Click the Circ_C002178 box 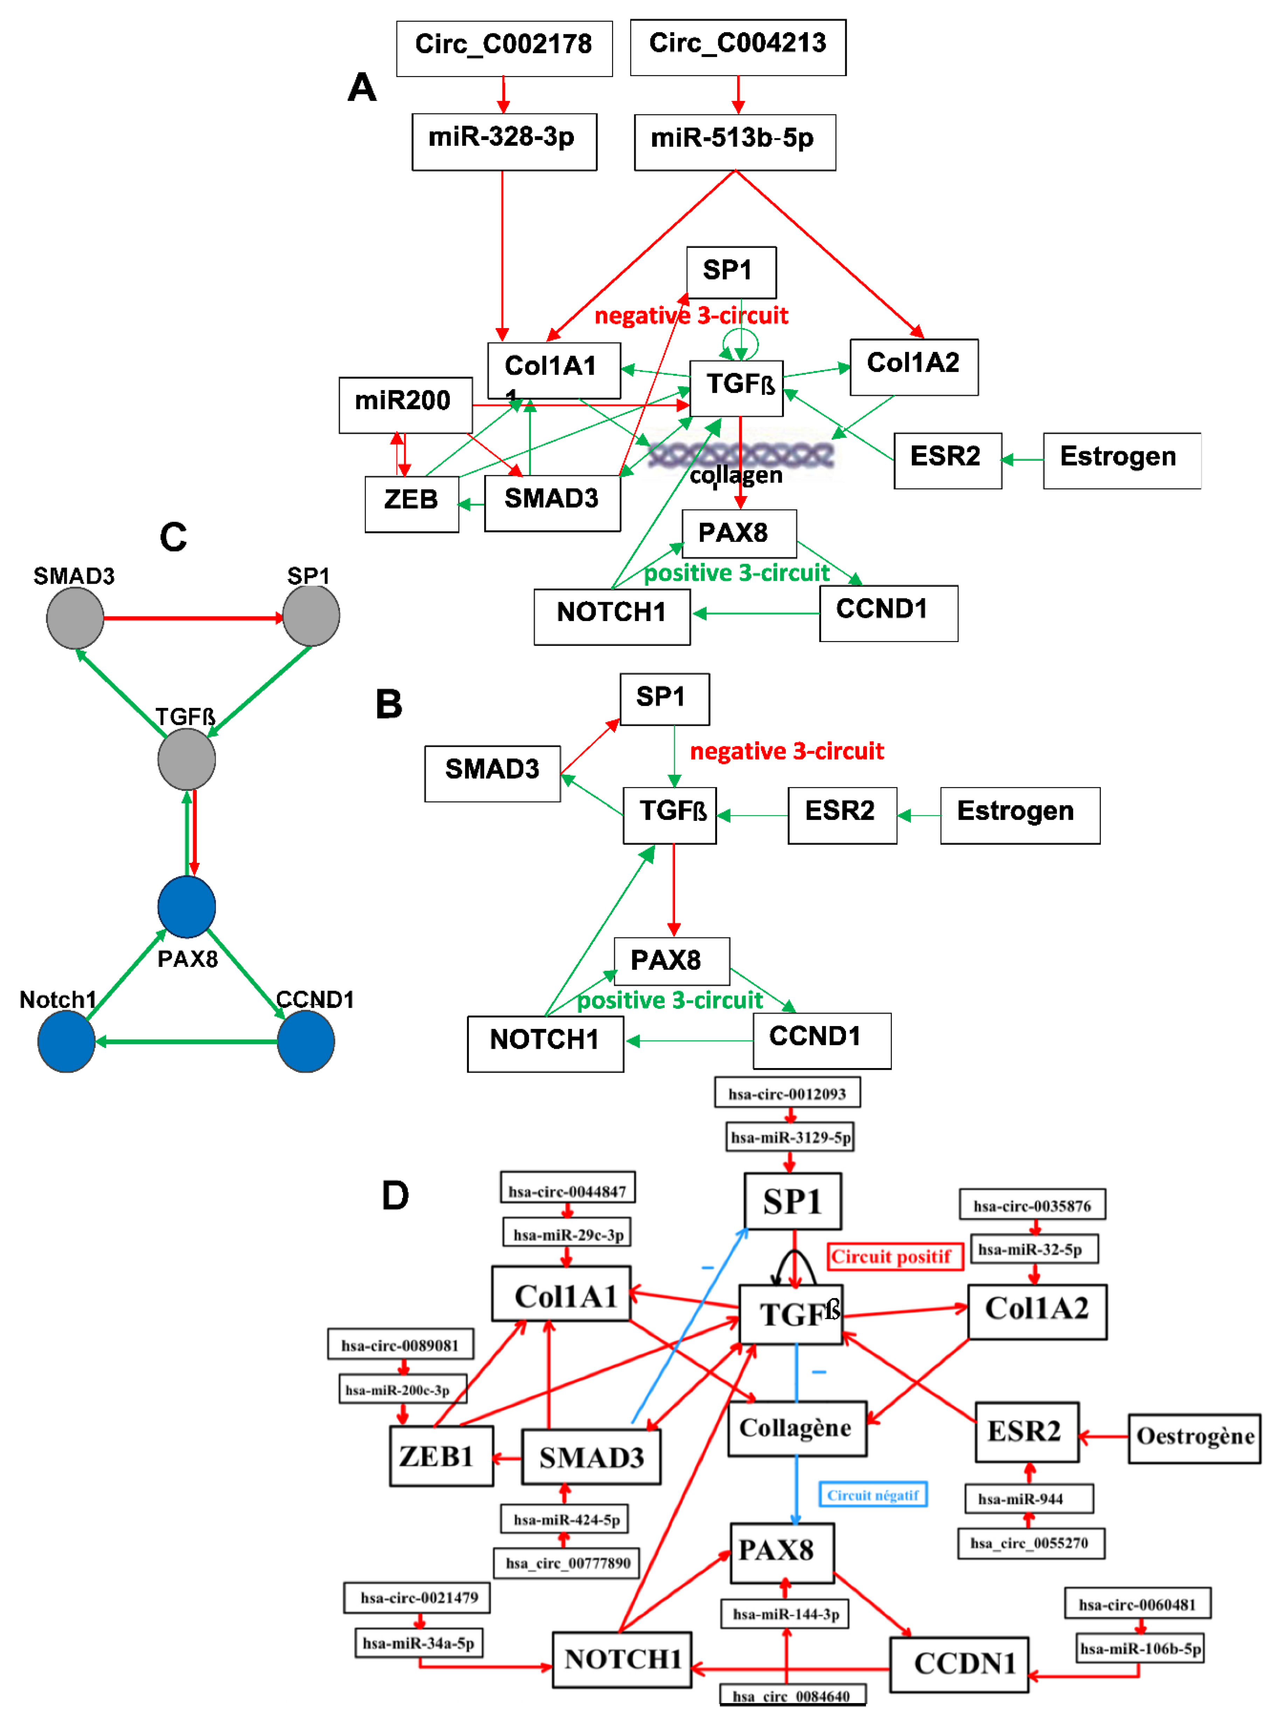[x=504, y=48]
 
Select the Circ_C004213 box [x=738, y=47]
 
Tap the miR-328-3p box [x=504, y=141]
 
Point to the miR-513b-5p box [x=735, y=142]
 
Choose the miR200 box [x=405, y=405]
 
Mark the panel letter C [x=173, y=537]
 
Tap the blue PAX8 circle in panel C [x=186, y=906]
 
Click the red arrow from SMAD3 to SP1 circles [x=193, y=618]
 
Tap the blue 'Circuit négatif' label [x=872, y=1494]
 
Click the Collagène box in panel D [x=796, y=1428]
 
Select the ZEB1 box [x=440, y=1456]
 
